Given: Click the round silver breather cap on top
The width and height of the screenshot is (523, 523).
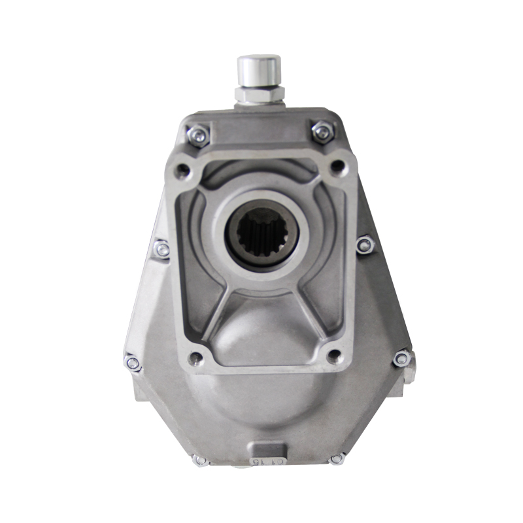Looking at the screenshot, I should point(259,69).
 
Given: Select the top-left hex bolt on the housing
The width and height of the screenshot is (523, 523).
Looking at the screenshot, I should point(197,135).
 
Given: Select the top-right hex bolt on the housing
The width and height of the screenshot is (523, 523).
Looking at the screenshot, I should point(322,132).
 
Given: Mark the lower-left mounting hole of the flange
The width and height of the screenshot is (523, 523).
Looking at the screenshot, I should point(195,358).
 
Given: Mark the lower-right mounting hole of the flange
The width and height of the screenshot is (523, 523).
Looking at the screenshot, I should point(334,356).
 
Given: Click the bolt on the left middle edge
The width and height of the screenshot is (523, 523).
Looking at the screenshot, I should point(161,248).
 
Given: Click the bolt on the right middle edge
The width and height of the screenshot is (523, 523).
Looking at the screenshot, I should point(365,245).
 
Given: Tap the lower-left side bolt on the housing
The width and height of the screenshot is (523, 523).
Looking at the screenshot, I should point(133,363).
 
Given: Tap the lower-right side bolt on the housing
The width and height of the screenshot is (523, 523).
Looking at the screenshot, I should point(401,358).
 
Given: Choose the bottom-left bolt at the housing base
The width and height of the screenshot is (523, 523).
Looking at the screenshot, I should point(200,460).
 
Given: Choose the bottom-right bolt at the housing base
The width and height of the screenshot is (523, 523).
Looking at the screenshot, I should point(337,458).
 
